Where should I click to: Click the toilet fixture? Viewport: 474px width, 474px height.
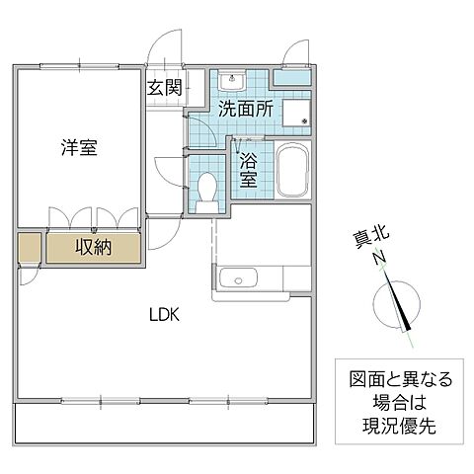tap(206, 189)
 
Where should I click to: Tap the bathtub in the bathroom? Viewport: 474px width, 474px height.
tap(291, 171)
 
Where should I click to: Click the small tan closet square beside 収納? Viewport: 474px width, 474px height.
tap(29, 247)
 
